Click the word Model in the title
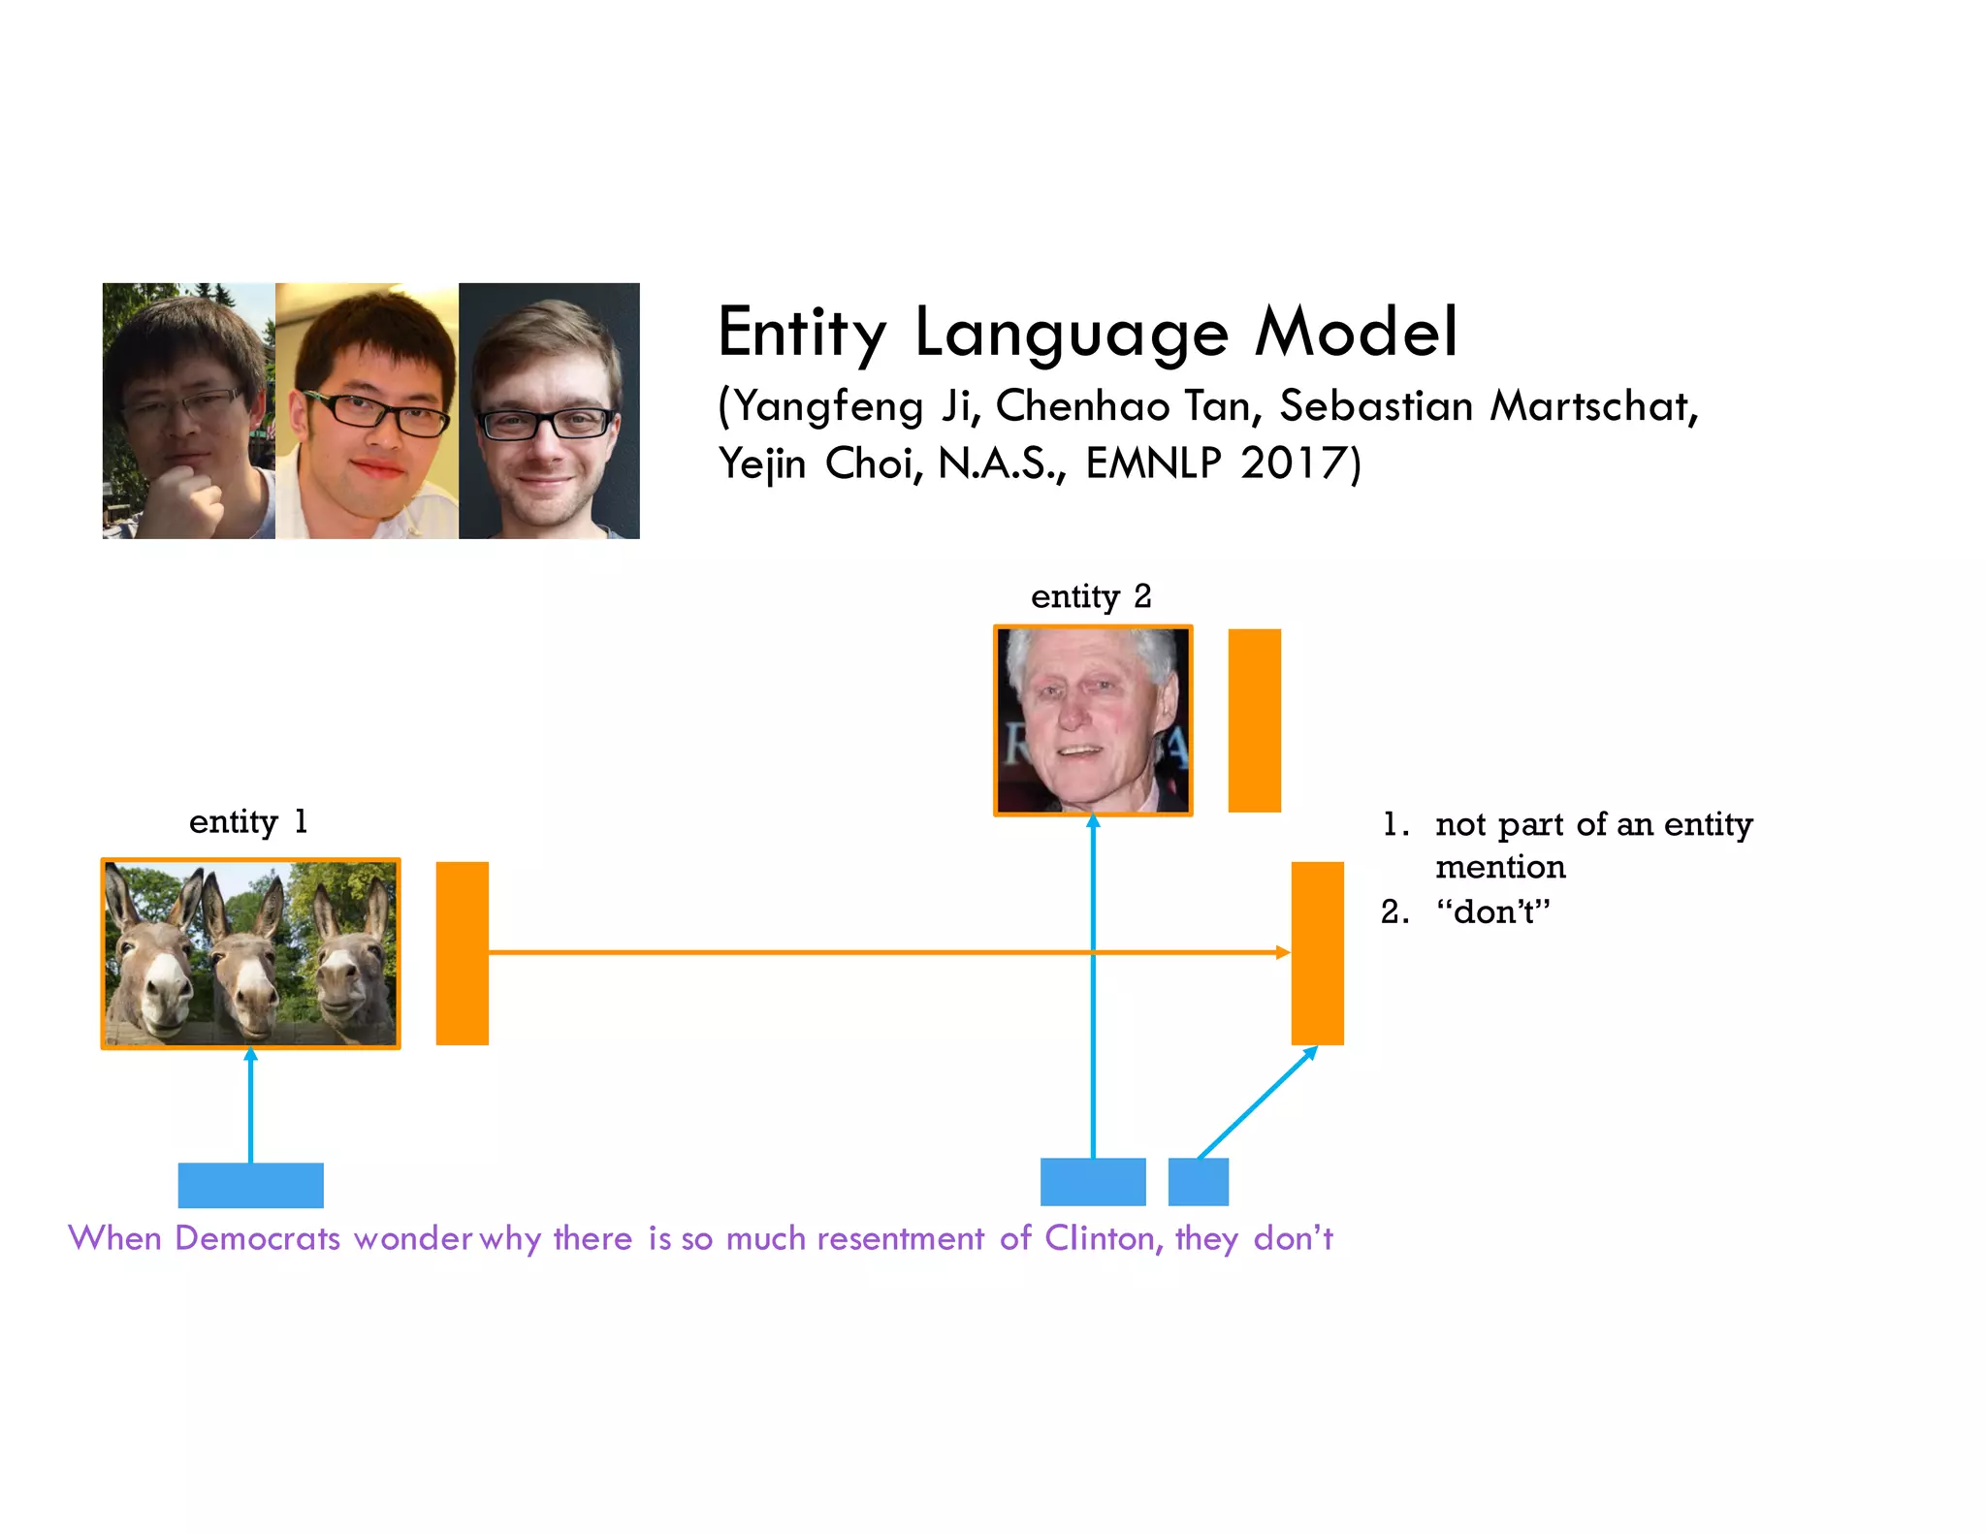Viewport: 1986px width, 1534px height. (1355, 332)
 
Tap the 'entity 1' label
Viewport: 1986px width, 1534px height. (248, 821)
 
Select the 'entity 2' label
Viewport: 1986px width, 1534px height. (1091, 595)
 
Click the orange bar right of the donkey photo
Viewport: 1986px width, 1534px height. (462, 952)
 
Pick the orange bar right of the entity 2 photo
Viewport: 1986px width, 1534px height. (1254, 719)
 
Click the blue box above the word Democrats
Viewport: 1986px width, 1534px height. (250, 1184)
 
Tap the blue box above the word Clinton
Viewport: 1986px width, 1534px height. (1093, 1181)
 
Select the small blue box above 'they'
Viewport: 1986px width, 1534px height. (1198, 1181)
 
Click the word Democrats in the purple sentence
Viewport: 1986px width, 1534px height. (257, 1238)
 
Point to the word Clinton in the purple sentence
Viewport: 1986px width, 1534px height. (1098, 1238)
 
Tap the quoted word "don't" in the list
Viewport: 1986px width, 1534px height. (1493, 911)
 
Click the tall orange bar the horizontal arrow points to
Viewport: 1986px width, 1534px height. (1317, 952)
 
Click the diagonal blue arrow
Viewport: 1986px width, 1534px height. (1256, 1103)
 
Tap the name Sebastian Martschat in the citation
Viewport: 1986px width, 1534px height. (1488, 405)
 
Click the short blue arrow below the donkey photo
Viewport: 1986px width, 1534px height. (250, 1105)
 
